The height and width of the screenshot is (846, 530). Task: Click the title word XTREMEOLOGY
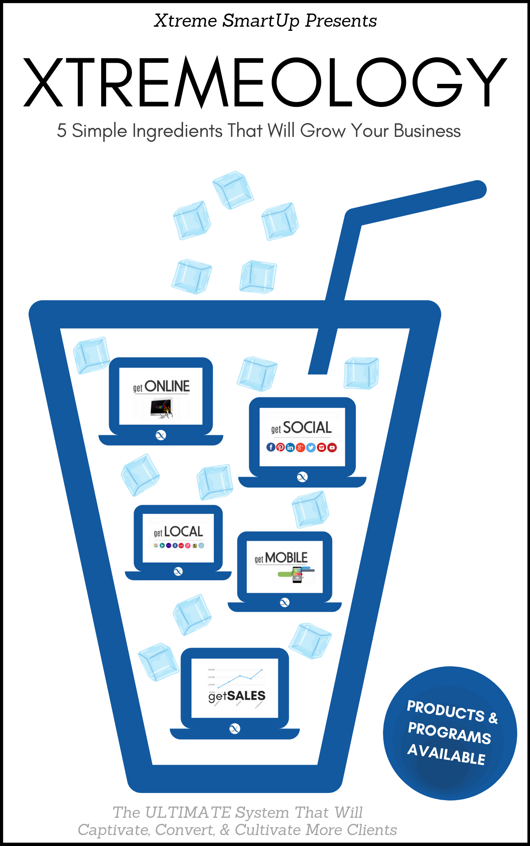(x=265, y=82)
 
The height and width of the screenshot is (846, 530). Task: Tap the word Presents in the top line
(x=341, y=21)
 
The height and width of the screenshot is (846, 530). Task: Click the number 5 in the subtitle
(x=62, y=131)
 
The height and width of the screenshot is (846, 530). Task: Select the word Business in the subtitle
(x=427, y=131)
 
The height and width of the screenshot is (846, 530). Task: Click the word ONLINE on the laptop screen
(x=167, y=386)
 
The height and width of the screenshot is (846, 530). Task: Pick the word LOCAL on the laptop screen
(x=183, y=531)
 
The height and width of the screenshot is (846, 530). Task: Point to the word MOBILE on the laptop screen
(x=286, y=558)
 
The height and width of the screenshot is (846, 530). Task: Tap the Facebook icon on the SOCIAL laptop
(x=271, y=447)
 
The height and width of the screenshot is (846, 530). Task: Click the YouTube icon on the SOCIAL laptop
(x=332, y=447)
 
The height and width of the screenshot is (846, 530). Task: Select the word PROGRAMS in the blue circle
(x=450, y=733)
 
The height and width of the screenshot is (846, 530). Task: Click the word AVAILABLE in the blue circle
(x=447, y=754)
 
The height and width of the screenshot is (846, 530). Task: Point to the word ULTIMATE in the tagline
(x=188, y=813)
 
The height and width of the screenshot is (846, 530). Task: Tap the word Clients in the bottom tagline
(x=372, y=830)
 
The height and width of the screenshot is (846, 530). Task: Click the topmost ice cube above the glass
(x=233, y=190)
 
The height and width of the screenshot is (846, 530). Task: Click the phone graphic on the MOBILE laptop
(x=297, y=575)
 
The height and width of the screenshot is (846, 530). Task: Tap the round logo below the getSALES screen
(x=235, y=729)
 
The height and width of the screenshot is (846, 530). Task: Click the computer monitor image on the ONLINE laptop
(x=161, y=408)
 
